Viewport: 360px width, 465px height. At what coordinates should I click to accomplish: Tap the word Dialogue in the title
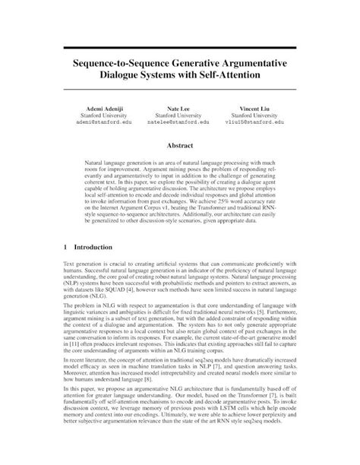coord(128,77)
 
